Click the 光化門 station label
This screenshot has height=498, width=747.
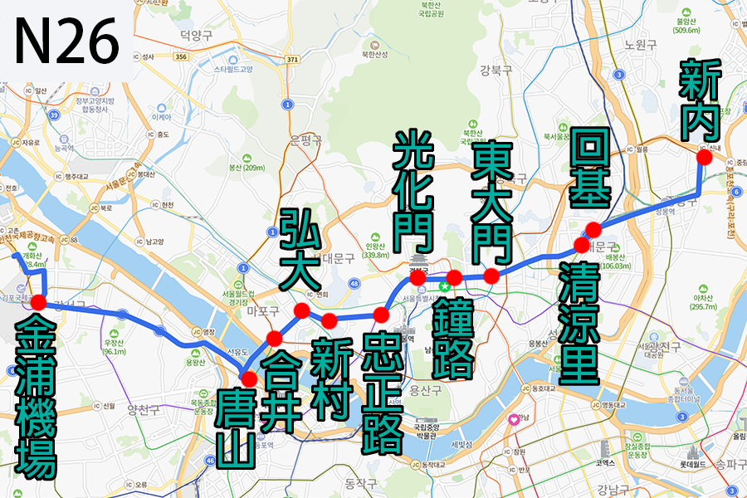[x=413, y=191]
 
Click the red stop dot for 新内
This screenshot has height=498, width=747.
[x=705, y=157]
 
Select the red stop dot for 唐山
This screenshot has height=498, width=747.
[x=247, y=379]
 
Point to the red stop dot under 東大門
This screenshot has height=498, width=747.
[x=491, y=276]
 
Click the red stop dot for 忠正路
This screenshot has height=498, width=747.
[x=382, y=315]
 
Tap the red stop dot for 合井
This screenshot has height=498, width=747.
[x=274, y=338]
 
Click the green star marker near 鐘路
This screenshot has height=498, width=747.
[x=444, y=286]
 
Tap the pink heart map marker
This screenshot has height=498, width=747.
[x=514, y=420]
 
